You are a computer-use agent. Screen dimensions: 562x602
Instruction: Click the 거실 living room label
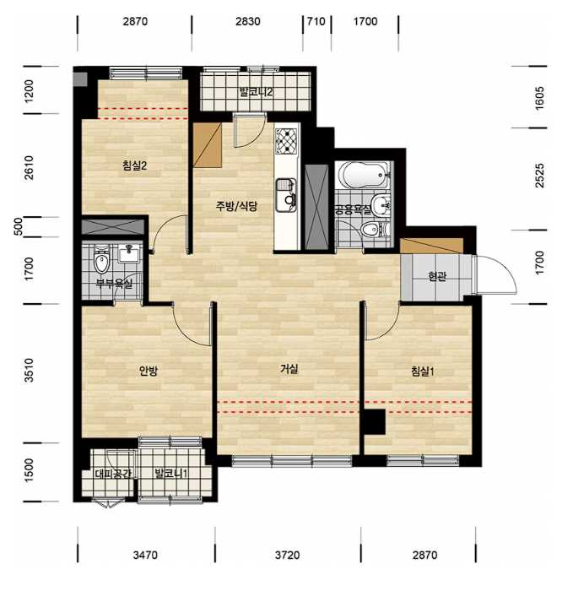pyautogui.click(x=289, y=369)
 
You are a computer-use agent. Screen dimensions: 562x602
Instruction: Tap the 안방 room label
pyautogui.click(x=148, y=371)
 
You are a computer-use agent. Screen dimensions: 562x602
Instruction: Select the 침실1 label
pyautogui.click(x=423, y=372)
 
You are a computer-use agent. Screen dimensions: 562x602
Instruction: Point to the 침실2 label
pyautogui.click(x=135, y=165)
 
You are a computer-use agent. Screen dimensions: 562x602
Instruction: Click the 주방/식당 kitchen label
pyautogui.click(x=236, y=207)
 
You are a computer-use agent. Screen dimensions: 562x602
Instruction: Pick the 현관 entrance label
pyautogui.click(x=437, y=276)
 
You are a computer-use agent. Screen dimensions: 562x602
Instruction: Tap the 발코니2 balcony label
pyautogui.click(x=256, y=92)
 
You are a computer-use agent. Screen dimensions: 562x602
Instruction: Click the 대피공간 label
pyautogui.click(x=113, y=474)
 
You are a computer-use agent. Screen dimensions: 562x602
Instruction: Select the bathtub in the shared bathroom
pyautogui.click(x=365, y=175)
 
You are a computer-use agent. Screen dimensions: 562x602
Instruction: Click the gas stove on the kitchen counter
pyautogui.click(x=287, y=141)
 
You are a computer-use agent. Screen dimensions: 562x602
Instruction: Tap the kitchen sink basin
pyautogui.click(x=286, y=195)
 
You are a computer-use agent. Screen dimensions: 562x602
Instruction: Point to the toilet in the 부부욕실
pyautogui.click(x=101, y=260)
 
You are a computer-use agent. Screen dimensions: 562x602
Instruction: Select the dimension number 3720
pyautogui.click(x=288, y=555)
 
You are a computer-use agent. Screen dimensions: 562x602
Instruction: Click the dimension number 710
pyautogui.click(x=316, y=21)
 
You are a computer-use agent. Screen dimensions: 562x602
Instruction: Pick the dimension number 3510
pyautogui.click(x=30, y=370)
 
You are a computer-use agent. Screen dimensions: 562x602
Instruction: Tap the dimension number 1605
pyautogui.click(x=539, y=98)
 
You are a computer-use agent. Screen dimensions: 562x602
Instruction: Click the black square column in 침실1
pyautogui.click(x=375, y=421)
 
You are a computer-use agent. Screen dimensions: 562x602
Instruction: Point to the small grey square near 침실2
pyautogui.click(x=80, y=79)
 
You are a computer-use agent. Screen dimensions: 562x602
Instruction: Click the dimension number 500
pyautogui.click(x=19, y=226)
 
